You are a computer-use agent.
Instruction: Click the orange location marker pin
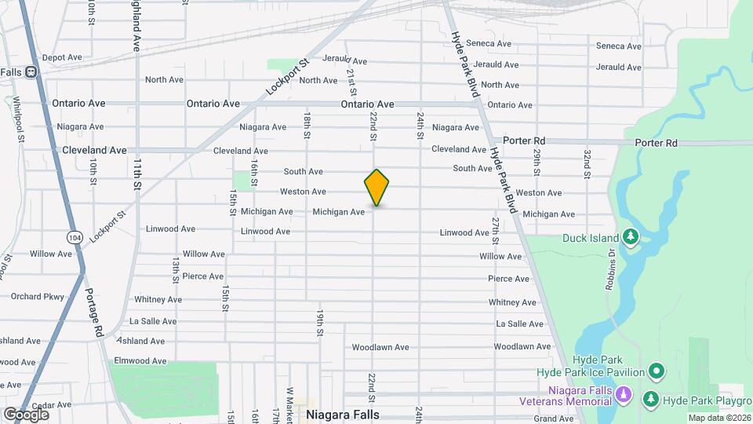click(376, 188)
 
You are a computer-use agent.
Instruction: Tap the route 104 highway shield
click(75, 238)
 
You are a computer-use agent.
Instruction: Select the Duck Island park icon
click(631, 237)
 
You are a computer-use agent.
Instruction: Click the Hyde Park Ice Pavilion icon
click(657, 371)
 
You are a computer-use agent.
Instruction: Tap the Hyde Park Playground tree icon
click(651, 400)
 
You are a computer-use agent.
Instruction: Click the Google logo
click(26, 414)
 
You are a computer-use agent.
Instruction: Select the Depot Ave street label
click(62, 57)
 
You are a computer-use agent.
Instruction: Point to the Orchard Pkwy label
click(37, 297)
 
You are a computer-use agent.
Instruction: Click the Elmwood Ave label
click(140, 361)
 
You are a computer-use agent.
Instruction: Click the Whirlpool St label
click(17, 119)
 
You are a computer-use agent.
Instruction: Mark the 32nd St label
click(586, 162)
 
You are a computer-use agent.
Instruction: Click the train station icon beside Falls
click(31, 72)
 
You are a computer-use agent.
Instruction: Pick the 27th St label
click(495, 230)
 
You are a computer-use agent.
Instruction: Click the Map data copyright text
click(719, 418)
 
